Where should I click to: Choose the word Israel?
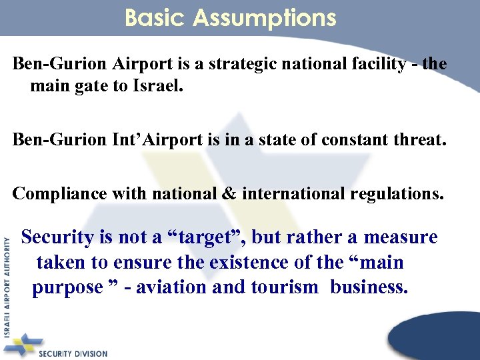pos(153,87)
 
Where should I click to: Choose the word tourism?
pos(285,287)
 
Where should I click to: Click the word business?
pos(369,287)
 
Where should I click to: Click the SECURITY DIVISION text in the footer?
pos(73,353)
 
